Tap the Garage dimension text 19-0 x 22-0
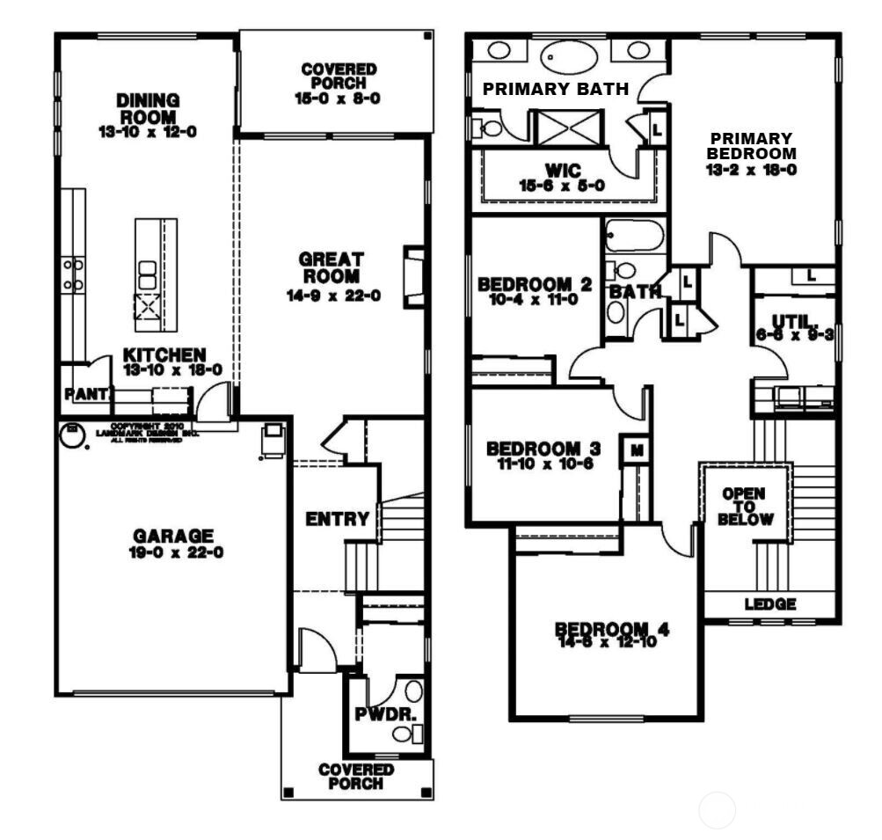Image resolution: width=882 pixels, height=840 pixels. (173, 553)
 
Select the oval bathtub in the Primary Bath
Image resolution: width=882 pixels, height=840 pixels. (567, 55)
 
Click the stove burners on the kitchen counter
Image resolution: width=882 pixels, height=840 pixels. (72, 274)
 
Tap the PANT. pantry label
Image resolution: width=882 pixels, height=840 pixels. (84, 395)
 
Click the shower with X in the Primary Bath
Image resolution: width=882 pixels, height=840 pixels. (565, 128)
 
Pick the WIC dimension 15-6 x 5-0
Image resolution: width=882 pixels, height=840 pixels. (563, 185)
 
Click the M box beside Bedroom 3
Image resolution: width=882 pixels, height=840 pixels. (634, 450)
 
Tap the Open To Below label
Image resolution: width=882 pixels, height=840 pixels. (743, 507)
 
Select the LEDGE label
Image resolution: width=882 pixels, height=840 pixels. (770, 604)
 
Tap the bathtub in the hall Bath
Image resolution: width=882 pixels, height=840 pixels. (633, 236)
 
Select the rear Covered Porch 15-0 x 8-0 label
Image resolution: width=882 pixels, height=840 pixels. (338, 84)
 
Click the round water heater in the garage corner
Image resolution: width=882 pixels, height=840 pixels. (74, 435)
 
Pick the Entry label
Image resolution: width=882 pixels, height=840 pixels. (337, 519)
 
